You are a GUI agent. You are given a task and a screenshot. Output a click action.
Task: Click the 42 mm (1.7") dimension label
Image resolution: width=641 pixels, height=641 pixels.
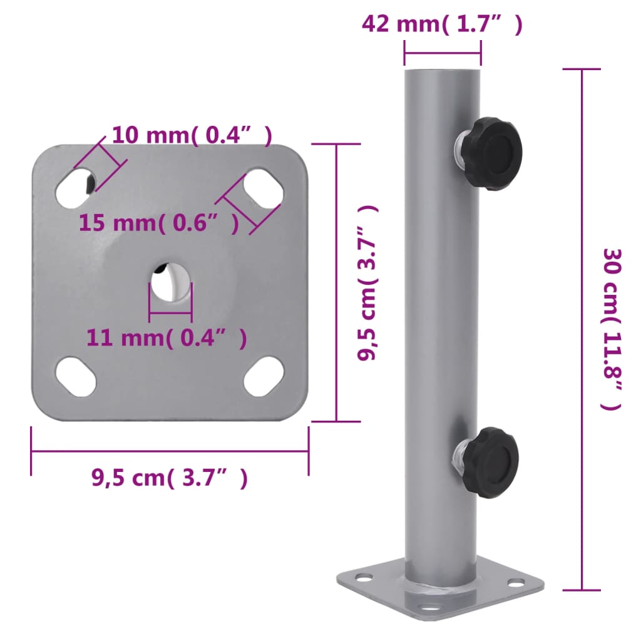pos(442,24)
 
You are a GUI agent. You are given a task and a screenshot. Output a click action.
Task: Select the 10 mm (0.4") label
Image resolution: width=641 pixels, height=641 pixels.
pos(192,135)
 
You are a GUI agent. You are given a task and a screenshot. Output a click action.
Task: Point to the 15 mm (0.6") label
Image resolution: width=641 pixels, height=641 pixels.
pos(159,222)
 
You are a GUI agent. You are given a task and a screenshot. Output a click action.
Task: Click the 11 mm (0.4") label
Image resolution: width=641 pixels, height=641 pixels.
pos(167,338)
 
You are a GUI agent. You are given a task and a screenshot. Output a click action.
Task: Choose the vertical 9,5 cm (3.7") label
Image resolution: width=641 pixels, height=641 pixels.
pos(368,283)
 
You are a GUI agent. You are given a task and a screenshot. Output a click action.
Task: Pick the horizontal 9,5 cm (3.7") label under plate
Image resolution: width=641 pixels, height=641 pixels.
pos(170,478)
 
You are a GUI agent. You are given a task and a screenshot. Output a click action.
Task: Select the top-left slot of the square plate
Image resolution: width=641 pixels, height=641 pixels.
pos(76,187)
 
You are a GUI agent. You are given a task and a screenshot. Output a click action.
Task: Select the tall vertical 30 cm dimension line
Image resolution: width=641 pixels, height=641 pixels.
pos(582,329)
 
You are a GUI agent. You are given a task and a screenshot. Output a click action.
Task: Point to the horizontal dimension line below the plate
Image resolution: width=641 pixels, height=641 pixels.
pos(170,451)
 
